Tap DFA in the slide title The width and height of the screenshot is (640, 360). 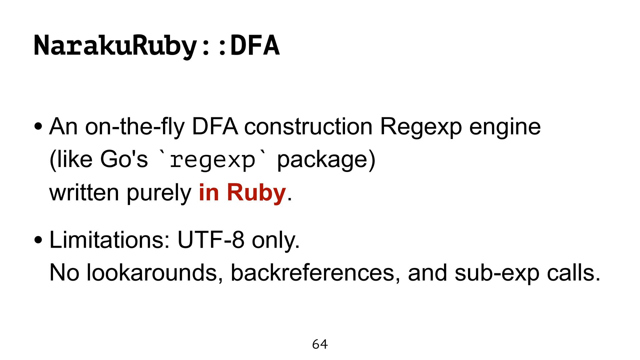(255, 46)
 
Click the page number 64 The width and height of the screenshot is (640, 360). (320, 344)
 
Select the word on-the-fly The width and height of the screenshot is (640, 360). (135, 127)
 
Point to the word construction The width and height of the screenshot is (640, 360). (308, 127)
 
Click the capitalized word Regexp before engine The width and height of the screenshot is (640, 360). (421, 127)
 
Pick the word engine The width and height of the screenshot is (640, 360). (505, 127)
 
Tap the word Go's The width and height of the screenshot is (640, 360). (124, 159)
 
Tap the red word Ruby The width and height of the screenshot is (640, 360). (256, 193)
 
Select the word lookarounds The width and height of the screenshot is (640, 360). (154, 273)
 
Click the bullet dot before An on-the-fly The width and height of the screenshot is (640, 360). (38, 127)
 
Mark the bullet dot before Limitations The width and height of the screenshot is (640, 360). (38, 240)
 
